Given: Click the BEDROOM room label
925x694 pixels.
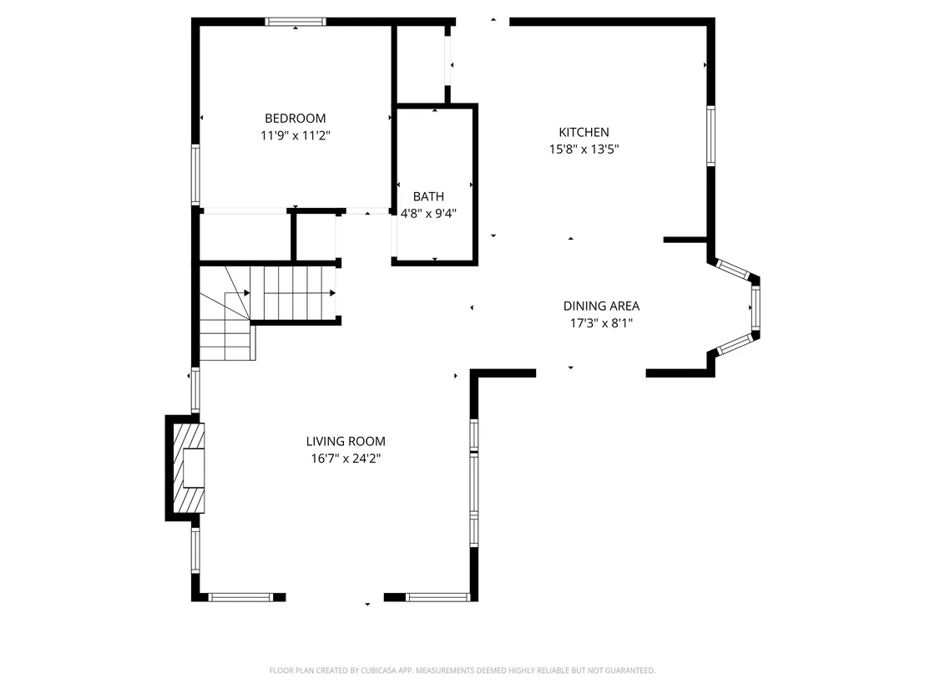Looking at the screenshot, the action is (295, 118).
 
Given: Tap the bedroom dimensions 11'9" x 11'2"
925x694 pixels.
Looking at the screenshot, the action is (295, 136).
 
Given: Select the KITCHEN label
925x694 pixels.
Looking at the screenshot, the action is (584, 132).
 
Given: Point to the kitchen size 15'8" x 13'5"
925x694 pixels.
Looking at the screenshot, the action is (584, 149).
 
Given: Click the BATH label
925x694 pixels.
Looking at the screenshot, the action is (428, 196).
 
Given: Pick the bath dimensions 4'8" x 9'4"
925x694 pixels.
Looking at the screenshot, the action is (429, 214).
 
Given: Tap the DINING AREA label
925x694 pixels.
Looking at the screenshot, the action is (601, 306).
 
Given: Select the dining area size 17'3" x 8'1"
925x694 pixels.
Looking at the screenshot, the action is (601, 323).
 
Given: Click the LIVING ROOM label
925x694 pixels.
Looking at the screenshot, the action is (346, 441).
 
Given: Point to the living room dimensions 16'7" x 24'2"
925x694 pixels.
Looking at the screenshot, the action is (346, 458).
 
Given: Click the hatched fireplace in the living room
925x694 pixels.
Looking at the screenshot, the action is (188, 468).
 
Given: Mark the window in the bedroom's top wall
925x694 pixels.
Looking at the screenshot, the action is (296, 22).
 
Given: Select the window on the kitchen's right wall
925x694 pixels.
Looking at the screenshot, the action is (710, 136).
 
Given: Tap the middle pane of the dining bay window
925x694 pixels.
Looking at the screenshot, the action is (756, 307).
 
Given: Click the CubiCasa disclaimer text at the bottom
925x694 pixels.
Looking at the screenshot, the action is (462, 671).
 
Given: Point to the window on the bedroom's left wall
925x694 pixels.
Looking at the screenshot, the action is (195, 175).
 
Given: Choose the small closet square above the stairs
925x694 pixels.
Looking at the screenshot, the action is (316, 236).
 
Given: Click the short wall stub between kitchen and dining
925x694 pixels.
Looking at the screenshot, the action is (685, 240).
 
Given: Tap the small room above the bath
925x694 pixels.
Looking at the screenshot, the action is (420, 64).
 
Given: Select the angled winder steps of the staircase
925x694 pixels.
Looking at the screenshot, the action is (225, 313).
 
